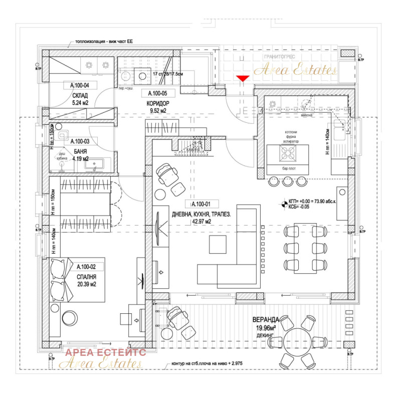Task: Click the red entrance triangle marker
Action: [x=243, y=78]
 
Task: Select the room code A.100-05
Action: [x=157, y=93]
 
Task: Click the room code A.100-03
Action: [x=80, y=142]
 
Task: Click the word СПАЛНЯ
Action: [x=86, y=276]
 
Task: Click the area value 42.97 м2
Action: [x=200, y=223]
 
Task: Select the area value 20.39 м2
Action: [x=86, y=285]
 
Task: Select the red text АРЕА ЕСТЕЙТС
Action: [x=106, y=353]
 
